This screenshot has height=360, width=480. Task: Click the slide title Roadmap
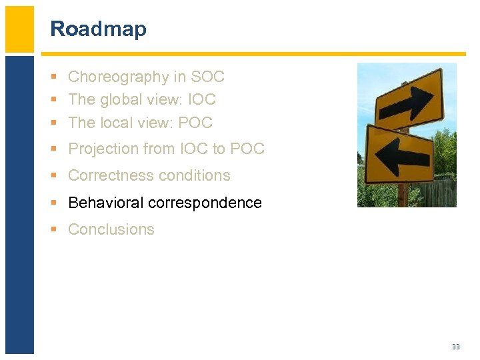[x=98, y=29]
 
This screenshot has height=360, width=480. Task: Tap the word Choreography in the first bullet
[x=119, y=77]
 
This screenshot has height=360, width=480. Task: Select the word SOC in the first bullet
[x=207, y=77]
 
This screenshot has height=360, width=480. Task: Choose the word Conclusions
[x=111, y=229]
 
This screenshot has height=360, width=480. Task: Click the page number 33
[x=456, y=347]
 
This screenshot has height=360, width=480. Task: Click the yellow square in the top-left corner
[x=19, y=29]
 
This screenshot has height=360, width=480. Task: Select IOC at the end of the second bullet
[x=201, y=99]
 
